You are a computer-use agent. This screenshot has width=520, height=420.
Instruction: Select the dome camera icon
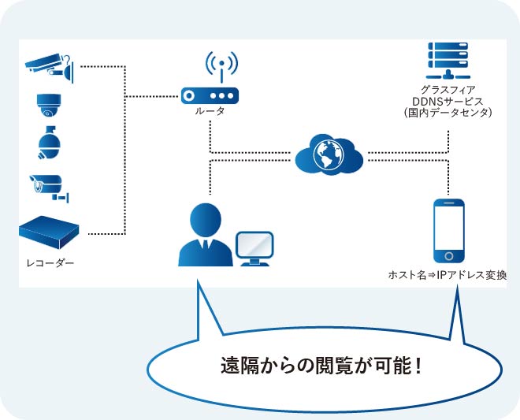[x=47, y=105]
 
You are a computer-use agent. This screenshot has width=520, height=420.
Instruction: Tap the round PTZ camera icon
[x=47, y=143]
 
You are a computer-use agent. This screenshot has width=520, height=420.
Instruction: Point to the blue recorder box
[x=50, y=231]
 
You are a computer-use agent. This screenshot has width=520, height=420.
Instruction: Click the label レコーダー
[x=50, y=262]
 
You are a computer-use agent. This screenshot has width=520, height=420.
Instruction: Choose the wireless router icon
[x=210, y=95]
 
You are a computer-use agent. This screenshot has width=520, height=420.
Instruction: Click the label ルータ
[x=210, y=111]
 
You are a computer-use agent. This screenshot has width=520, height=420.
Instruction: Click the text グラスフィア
[x=448, y=90]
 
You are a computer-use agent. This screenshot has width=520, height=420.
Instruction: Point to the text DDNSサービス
[x=448, y=102]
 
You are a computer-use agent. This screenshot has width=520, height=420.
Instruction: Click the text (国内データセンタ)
[x=448, y=113]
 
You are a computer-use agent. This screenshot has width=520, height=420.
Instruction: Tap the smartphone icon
[x=449, y=231]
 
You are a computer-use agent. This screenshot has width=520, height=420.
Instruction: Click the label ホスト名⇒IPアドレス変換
[x=448, y=275]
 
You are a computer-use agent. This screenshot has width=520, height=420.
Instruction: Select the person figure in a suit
[x=206, y=235]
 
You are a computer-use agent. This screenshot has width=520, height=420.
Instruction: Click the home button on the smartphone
[x=449, y=256]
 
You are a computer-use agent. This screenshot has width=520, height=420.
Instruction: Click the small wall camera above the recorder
[x=45, y=186]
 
